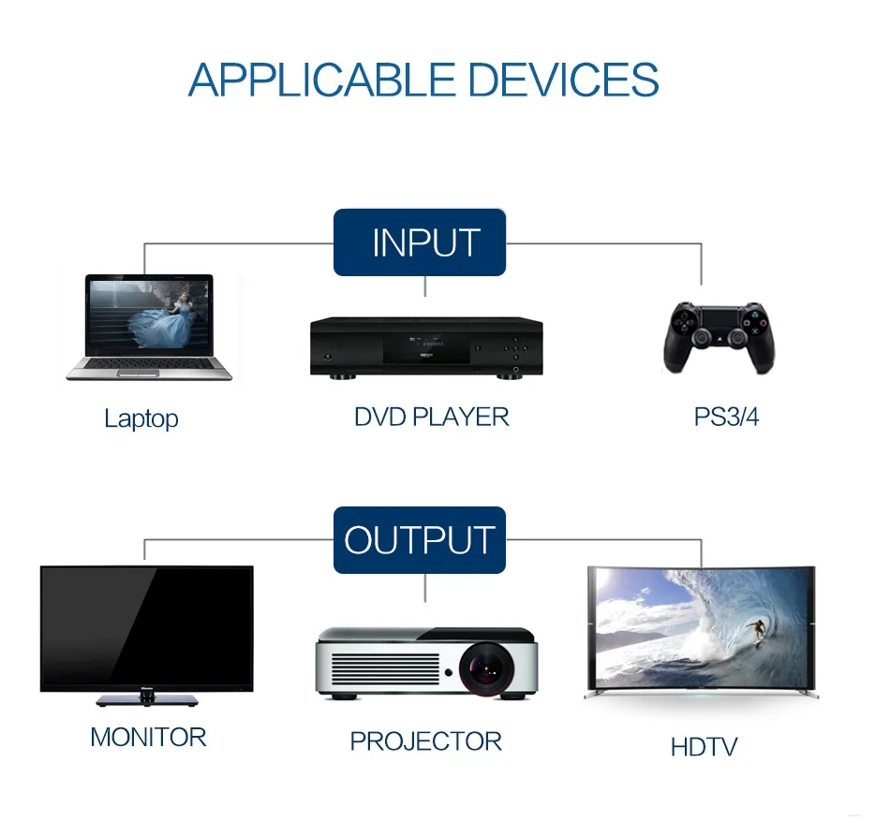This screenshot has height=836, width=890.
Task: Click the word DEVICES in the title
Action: [563, 80]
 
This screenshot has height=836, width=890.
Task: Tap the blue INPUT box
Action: [420, 242]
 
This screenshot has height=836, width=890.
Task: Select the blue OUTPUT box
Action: [420, 540]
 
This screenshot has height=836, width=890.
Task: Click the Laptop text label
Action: [141, 418]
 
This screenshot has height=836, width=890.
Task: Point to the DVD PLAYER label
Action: [431, 417]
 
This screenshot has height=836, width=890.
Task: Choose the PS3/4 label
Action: [726, 417]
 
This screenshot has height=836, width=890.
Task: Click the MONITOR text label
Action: [148, 738]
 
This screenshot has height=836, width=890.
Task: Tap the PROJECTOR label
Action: [425, 741]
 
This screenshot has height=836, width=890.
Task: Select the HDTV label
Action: [704, 747]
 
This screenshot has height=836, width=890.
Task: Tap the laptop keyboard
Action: [150, 363]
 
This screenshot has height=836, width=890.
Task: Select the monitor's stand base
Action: [147, 699]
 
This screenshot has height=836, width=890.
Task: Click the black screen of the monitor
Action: [147, 627]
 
